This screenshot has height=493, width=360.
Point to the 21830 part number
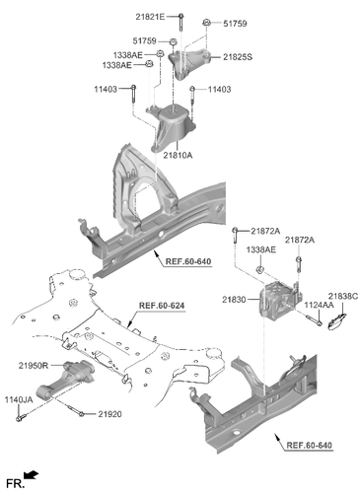tap(236, 298)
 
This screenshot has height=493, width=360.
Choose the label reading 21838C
tap(342, 295)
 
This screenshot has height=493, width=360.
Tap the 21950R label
tap(33, 365)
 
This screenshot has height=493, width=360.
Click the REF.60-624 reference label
tap(160, 306)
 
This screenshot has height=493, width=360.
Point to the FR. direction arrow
tap(33, 478)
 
